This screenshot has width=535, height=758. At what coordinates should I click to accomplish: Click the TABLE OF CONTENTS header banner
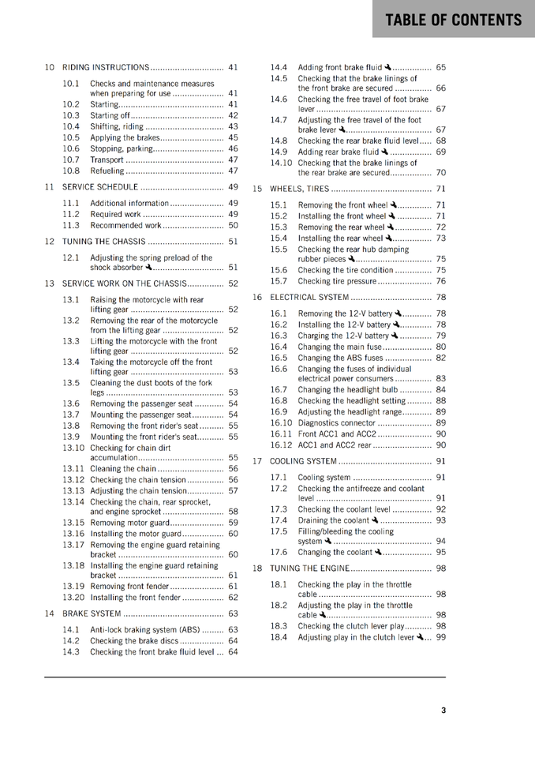tap(454, 19)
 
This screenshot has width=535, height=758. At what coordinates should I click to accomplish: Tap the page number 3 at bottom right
tap(443, 710)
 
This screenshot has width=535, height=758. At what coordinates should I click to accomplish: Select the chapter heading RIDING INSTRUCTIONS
tap(105, 67)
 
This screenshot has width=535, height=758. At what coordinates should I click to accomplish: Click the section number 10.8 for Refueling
tap(71, 171)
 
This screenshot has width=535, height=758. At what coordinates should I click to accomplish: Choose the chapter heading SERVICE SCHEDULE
tap(100, 187)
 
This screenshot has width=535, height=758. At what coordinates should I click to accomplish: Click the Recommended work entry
tap(125, 225)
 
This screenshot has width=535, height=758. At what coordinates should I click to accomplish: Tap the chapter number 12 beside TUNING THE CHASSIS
tap(49, 242)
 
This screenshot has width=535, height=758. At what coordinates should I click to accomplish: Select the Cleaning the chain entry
tap(123, 468)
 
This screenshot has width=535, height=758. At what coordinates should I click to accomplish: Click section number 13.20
tap(73, 597)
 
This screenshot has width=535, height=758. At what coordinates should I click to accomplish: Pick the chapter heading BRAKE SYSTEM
tap(92, 614)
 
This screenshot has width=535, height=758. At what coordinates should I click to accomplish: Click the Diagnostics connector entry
tap(337, 422)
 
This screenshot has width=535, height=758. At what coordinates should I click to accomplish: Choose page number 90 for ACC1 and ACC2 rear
tap(440, 445)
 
